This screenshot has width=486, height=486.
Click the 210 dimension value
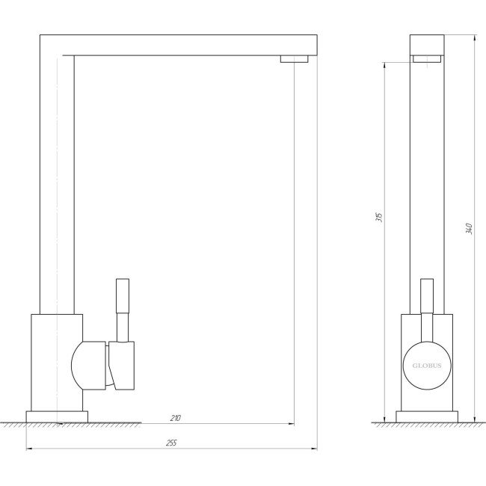click(176, 418)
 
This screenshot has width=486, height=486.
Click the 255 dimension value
click(171, 443)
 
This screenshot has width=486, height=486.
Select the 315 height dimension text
click(379, 217)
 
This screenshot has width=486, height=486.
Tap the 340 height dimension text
click(469, 229)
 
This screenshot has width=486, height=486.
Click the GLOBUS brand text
click(427, 366)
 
